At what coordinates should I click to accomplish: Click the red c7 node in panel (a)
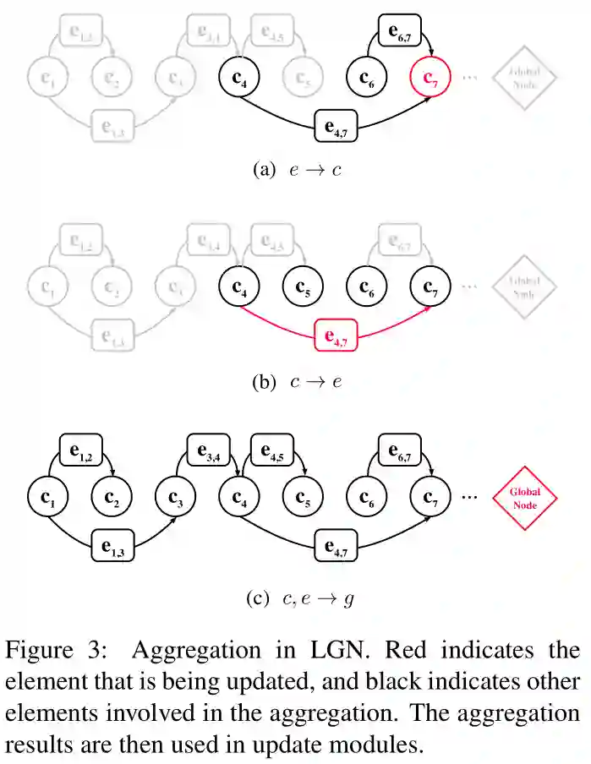[430, 79]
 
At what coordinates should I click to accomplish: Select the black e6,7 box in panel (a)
[400, 31]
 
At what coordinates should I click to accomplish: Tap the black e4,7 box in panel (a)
[335, 128]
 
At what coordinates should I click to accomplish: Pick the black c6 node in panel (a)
[367, 79]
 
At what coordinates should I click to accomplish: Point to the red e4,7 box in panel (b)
[335, 336]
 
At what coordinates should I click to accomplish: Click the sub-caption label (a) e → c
[296, 170]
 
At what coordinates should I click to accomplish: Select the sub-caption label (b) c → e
[296, 381]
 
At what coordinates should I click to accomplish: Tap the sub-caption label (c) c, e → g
[300, 599]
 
